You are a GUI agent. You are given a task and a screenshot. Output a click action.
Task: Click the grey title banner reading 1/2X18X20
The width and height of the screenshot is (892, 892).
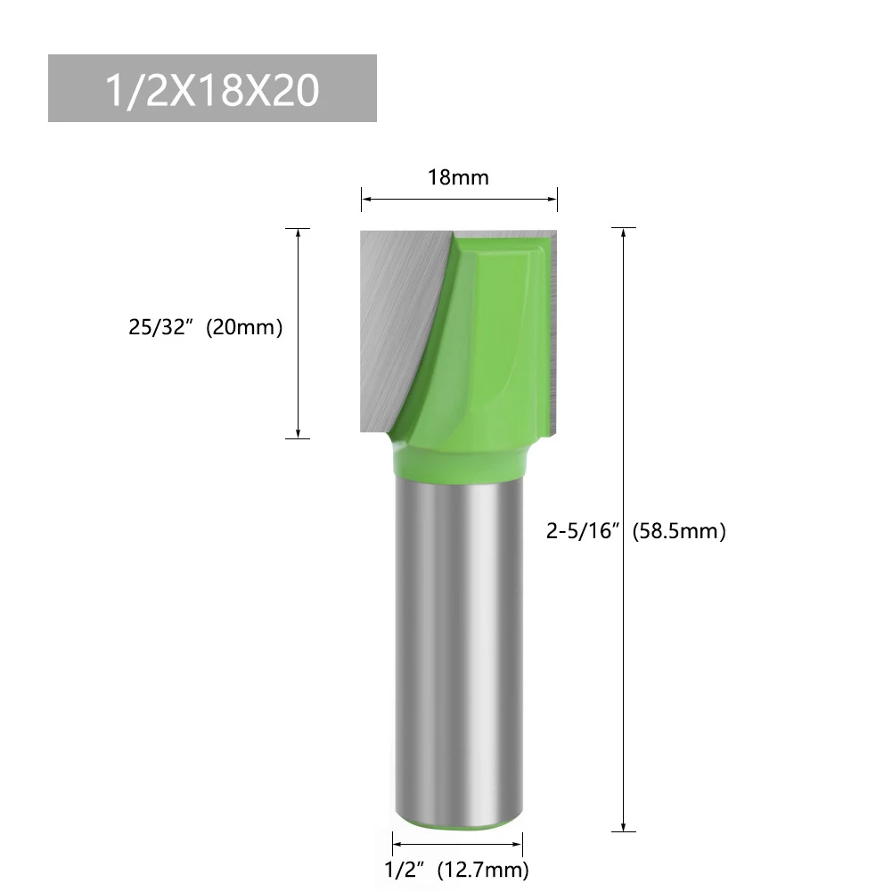coord(212,88)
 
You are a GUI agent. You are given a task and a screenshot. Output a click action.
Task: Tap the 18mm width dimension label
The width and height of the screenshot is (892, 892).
coord(458,177)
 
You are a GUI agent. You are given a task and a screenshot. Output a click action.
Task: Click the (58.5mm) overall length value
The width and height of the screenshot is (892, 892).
coord(679,532)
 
